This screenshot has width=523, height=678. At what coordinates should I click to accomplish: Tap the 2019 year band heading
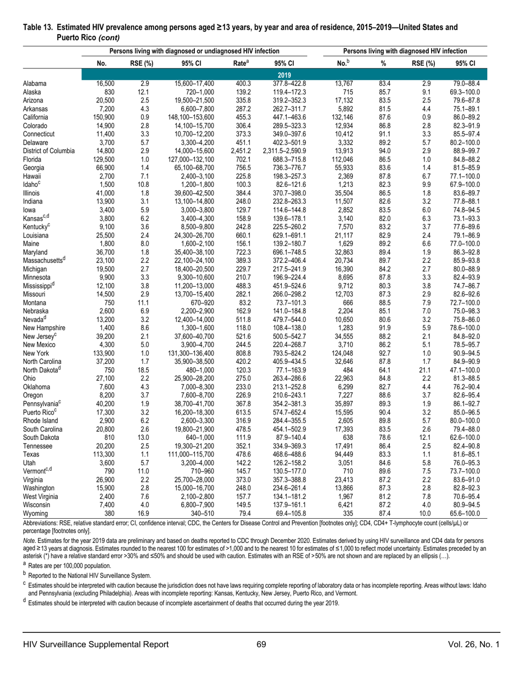(285, 74)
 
